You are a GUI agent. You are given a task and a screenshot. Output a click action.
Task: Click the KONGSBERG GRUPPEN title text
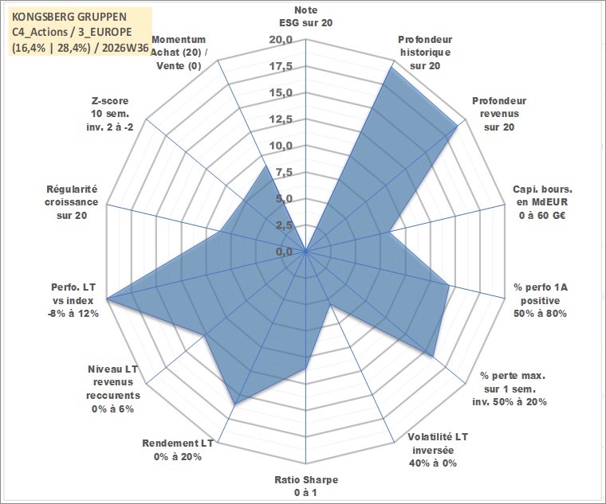(69, 17)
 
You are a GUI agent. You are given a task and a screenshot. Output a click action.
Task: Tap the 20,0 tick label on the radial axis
(281, 40)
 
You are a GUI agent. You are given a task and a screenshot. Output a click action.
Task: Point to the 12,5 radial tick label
(281, 119)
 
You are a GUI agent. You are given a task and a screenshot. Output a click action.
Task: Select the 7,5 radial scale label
(284, 173)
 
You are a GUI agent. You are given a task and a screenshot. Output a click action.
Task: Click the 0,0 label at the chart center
(284, 252)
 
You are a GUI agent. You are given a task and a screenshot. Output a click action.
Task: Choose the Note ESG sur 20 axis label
(305, 16)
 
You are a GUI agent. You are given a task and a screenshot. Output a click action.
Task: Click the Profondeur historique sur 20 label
(425, 53)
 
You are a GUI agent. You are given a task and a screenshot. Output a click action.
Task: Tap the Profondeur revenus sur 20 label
(499, 114)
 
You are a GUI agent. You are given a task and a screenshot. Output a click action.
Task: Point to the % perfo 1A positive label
(541, 300)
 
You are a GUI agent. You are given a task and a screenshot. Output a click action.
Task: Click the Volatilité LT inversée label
(438, 450)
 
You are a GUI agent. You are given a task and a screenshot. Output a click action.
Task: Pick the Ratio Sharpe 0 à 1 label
(306, 486)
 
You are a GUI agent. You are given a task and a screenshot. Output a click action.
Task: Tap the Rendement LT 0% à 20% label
(178, 450)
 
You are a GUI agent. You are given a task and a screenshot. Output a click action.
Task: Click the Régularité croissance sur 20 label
(72, 202)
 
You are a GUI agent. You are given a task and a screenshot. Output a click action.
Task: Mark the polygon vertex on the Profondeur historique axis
(392, 67)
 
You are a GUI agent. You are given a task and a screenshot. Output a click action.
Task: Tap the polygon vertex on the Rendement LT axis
(235, 404)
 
